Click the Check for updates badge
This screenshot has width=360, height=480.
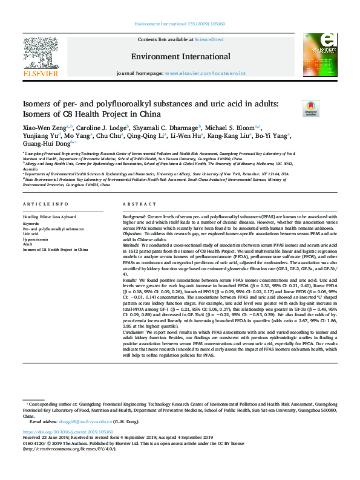(x=327, y=108)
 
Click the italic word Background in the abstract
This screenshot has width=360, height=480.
(x=134, y=216)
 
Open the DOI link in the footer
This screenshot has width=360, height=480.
(x=68, y=432)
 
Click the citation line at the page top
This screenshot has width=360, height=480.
(x=180, y=25)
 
